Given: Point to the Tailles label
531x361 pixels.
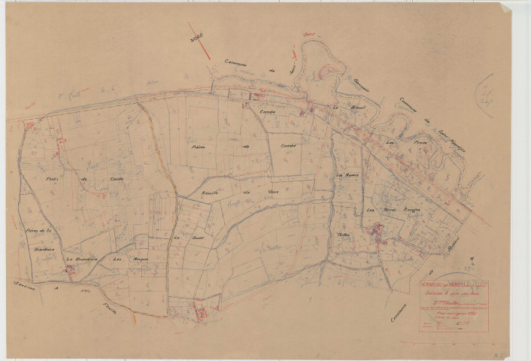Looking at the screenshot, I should click(x=345, y=235).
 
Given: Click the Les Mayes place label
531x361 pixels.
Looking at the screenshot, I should click(x=122, y=259).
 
